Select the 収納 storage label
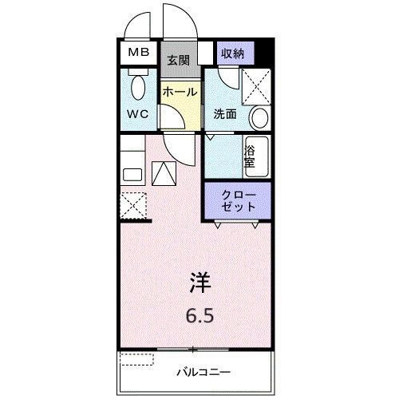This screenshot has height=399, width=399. [233, 53]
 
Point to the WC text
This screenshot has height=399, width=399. [139, 113]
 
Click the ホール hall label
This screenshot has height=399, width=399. [180, 92]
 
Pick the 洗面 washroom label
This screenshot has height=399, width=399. [224, 113]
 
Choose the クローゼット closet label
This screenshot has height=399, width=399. [239, 199]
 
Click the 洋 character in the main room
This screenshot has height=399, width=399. [200, 282]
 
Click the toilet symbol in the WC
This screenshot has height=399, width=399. [138, 88]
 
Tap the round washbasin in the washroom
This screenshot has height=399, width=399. [259, 119]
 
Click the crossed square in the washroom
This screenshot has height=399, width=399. [256, 83]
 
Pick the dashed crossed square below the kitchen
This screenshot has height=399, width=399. [133, 206]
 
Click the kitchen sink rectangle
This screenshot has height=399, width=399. [132, 174]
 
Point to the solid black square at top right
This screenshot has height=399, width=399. [267, 54]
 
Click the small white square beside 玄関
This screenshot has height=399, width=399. [206, 54]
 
